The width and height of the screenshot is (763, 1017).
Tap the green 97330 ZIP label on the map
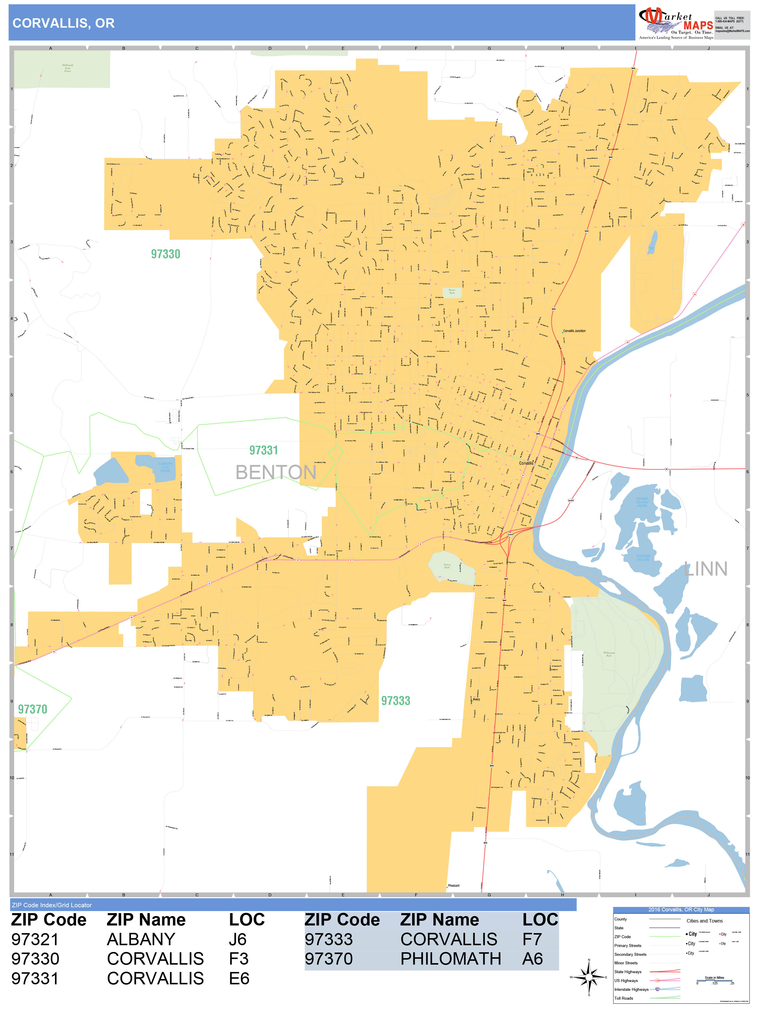[x=165, y=254]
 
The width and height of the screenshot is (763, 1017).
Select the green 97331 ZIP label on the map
[x=263, y=450]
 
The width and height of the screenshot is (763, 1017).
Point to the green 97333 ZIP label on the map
[x=396, y=701]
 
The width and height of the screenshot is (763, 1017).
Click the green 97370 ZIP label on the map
[x=33, y=709]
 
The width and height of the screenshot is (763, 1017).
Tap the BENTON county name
[x=276, y=472]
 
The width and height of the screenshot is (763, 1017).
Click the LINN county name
[x=706, y=569]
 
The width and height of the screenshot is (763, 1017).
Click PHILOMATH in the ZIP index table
[x=450, y=959]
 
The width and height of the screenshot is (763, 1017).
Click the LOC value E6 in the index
[x=239, y=978]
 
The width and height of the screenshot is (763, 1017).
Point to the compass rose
[x=589, y=977]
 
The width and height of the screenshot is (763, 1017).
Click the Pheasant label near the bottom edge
[x=454, y=885]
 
